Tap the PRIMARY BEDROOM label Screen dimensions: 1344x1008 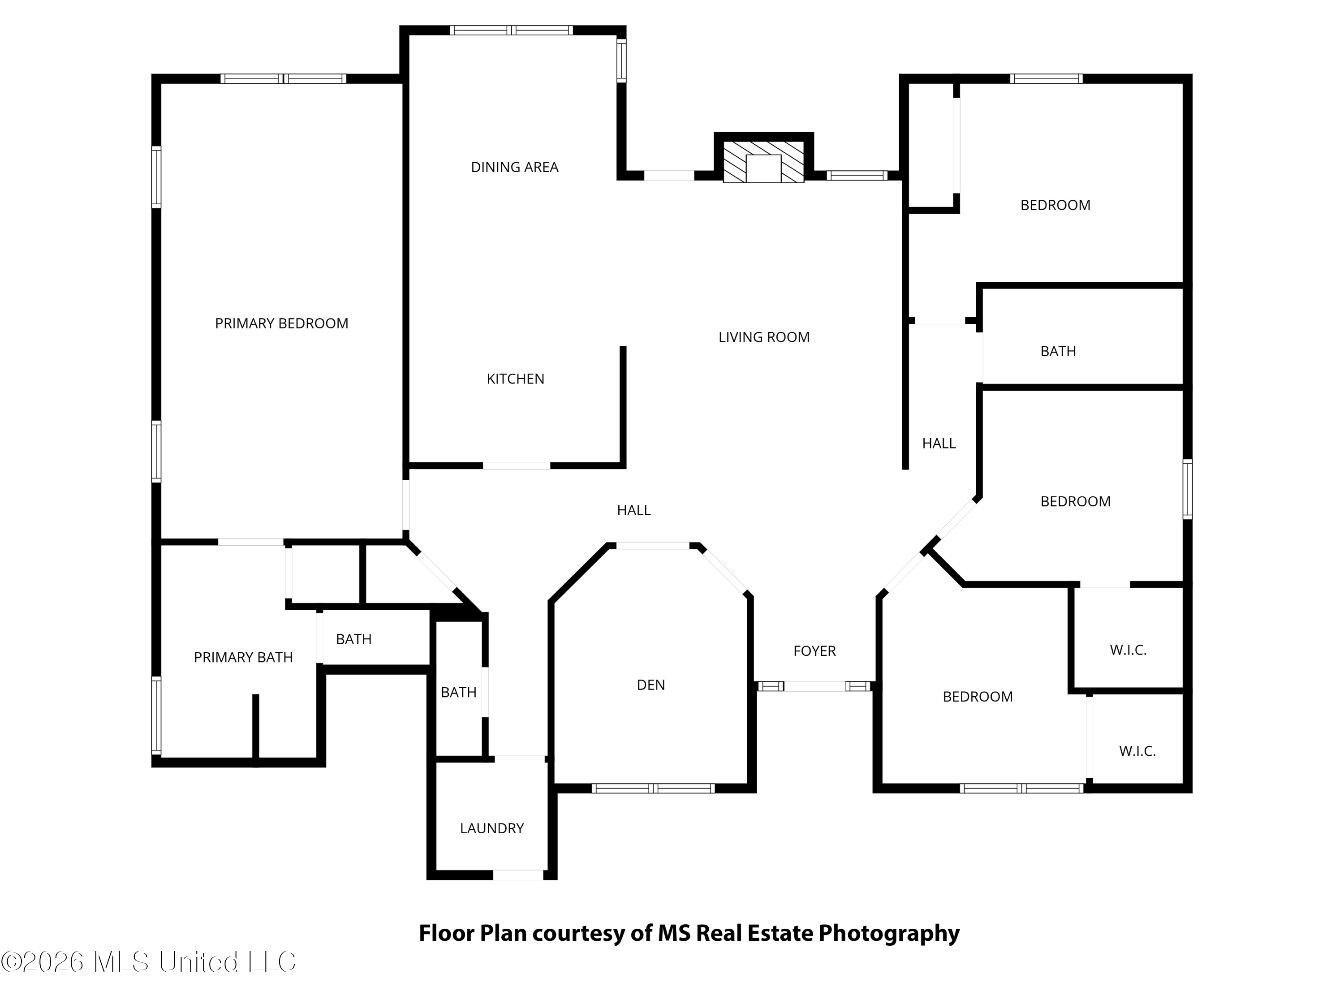[x=282, y=323]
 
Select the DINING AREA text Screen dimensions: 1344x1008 [x=515, y=167]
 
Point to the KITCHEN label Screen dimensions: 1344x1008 [x=515, y=379]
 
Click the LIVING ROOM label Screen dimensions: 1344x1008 [x=764, y=337]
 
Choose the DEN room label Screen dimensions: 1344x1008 [x=651, y=685]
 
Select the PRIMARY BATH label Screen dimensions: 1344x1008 [x=243, y=657]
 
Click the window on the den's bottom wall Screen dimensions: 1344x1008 [x=653, y=788]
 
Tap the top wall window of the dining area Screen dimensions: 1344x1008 [x=512, y=30]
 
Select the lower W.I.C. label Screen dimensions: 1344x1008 [x=1137, y=751]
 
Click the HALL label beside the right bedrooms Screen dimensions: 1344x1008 [x=939, y=444]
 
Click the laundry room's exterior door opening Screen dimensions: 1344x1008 [x=518, y=875]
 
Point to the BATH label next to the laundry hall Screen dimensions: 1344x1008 [x=459, y=692]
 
